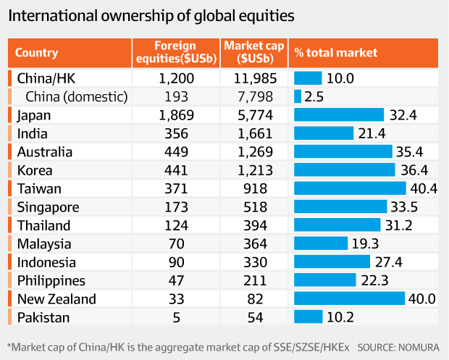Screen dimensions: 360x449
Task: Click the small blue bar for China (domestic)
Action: (298, 96)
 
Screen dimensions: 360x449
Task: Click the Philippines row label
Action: (46, 280)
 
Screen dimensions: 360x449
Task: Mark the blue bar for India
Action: (324, 133)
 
